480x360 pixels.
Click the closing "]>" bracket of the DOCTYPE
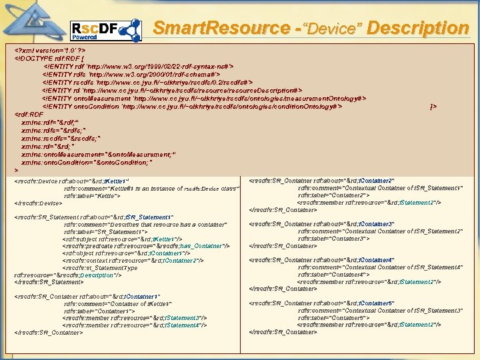(434, 106)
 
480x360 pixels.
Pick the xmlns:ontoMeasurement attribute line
(98, 154)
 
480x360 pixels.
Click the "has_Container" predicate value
(206, 245)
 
